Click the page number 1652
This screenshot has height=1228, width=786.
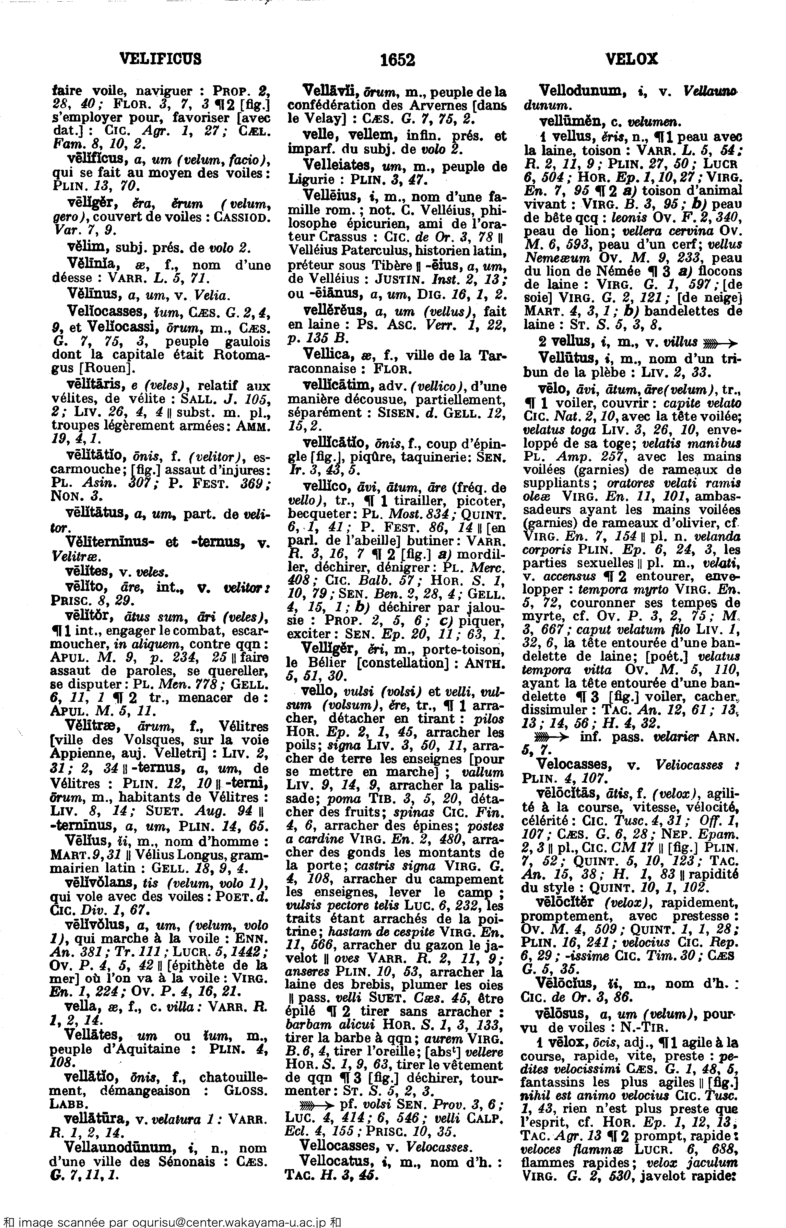click(x=398, y=60)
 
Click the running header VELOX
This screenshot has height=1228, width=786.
click(x=632, y=59)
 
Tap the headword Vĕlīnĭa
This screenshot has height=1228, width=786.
click(x=88, y=265)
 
